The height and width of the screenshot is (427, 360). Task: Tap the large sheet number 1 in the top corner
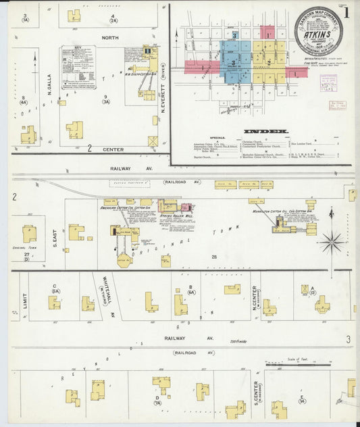coord(346,12)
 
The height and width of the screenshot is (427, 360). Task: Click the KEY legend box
coord(78,68)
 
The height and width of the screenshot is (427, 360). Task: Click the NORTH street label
coord(109,39)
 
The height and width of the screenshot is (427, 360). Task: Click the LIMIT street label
coord(24,301)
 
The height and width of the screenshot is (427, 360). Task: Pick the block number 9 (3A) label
coord(105,100)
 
